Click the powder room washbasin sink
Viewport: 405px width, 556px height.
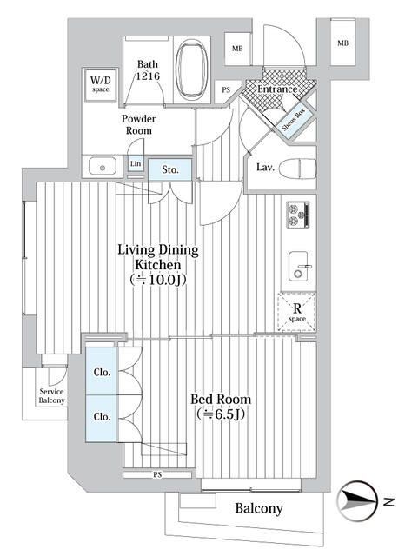(x=99, y=164)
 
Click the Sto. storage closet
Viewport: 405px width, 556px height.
(x=170, y=169)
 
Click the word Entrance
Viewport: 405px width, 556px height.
(x=271, y=89)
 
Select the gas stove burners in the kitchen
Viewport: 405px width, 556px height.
(x=298, y=214)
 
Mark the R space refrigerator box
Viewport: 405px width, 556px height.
(x=296, y=311)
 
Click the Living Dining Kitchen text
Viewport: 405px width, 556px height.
(x=158, y=257)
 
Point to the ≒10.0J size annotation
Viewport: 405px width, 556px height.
(x=158, y=280)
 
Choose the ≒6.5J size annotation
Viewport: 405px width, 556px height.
(x=219, y=416)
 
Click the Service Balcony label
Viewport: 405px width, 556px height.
(x=51, y=396)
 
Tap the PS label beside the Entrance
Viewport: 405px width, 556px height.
(x=226, y=89)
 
